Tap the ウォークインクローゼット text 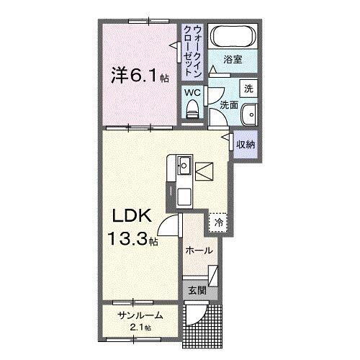point(193,49)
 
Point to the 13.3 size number point(124,238)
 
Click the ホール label point(199,251)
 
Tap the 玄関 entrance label point(197,292)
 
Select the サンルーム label point(140,315)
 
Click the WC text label point(192,92)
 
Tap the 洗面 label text point(228,104)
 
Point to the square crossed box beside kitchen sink point(202,172)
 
